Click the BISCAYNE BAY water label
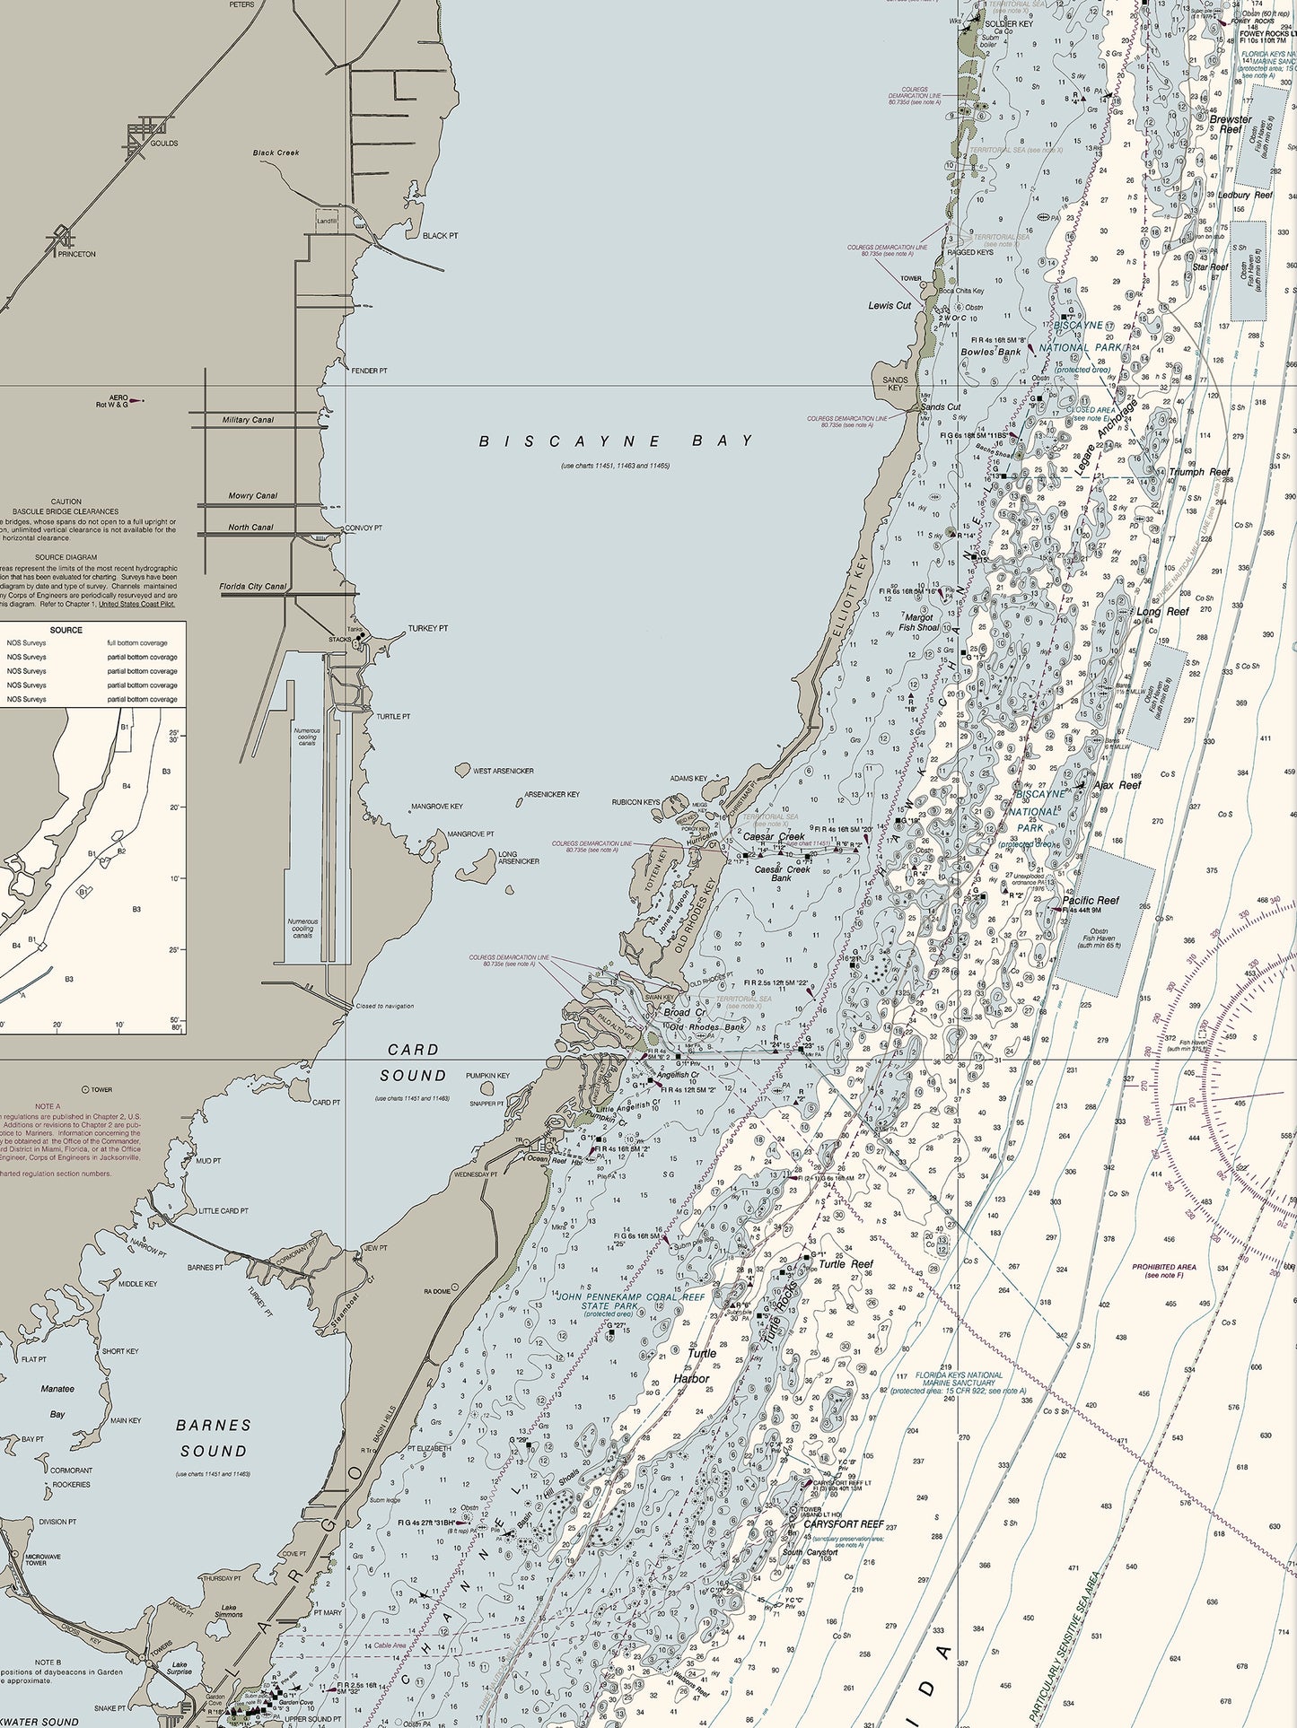tap(616, 441)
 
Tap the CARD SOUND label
tap(413, 1062)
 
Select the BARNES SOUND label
tap(214, 1437)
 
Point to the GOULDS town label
tap(163, 144)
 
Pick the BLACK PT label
tap(440, 236)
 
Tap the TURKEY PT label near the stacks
tap(427, 629)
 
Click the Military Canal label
tap(249, 420)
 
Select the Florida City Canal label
tap(253, 587)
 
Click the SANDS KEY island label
tap(895, 383)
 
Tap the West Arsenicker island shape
tap(462, 770)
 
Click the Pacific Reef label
tap(1091, 900)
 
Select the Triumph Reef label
tap(1198, 472)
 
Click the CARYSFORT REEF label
tap(843, 1524)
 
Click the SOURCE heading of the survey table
tap(66, 630)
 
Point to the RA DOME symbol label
tap(437, 1291)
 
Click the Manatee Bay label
tap(57, 1401)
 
